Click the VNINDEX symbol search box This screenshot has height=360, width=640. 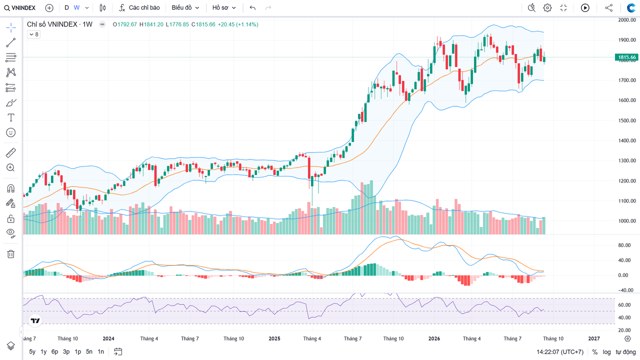click(x=19, y=7)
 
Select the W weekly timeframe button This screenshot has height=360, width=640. click(x=76, y=7)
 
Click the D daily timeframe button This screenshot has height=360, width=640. click(x=66, y=7)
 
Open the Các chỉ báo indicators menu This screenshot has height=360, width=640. click(x=139, y=7)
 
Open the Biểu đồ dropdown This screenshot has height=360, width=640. click(x=185, y=7)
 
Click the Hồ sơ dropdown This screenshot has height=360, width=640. click(x=224, y=7)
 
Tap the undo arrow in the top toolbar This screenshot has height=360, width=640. click(x=252, y=7)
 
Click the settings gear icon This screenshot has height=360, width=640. click(x=547, y=7)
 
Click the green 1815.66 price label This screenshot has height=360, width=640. click(x=626, y=57)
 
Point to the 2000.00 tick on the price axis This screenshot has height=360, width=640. click(x=627, y=20)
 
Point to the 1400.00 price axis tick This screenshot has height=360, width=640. click(x=627, y=140)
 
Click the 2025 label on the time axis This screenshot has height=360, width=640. click(x=274, y=338)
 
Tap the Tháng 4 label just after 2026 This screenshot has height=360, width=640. click(x=471, y=338)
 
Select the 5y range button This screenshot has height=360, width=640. click(x=32, y=351)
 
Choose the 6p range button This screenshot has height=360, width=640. click(x=54, y=351)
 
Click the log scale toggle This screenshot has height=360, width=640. click(x=606, y=352)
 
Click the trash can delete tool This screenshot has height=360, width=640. click(x=11, y=254)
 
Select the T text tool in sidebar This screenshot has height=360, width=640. click(x=11, y=117)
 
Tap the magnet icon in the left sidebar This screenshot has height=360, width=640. click(x=11, y=188)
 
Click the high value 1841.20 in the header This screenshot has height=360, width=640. click(x=153, y=24)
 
